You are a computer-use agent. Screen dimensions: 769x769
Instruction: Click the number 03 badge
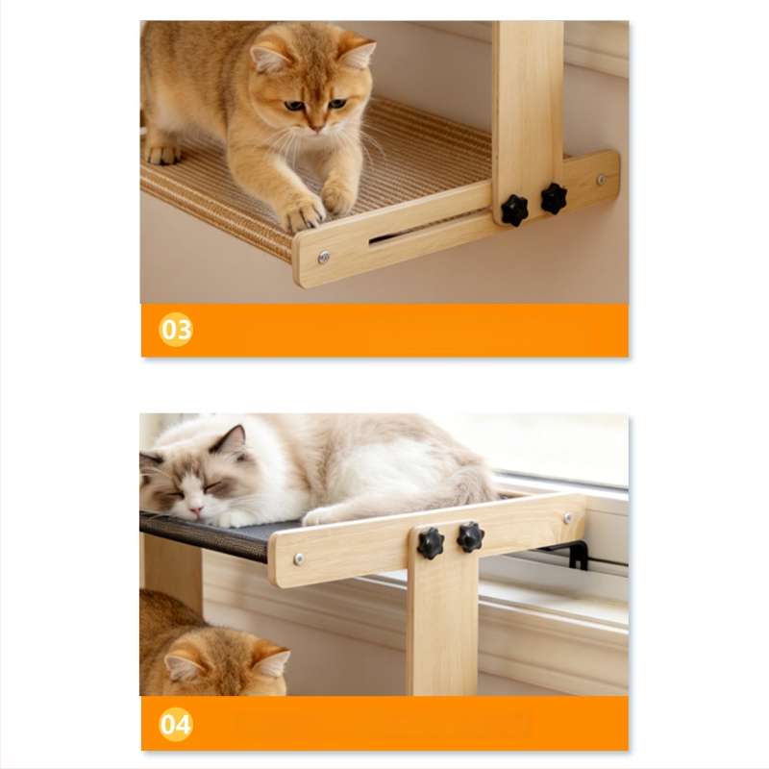click(176, 330)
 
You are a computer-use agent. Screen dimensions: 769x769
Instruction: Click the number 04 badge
click(176, 724)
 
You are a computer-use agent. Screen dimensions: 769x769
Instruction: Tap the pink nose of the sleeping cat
click(196, 511)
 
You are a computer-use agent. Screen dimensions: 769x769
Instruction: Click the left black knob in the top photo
click(514, 211)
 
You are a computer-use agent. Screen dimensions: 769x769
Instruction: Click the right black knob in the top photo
click(554, 199)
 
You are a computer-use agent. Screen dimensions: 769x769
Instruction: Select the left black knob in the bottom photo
click(431, 543)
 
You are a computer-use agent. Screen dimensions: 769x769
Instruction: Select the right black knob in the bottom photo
click(471, 537)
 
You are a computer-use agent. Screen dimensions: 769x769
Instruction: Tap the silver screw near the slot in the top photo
click(324, 257)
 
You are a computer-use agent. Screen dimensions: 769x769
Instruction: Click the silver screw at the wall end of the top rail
click(602, 180)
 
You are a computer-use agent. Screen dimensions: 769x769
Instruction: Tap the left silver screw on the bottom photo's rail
click(298, 558)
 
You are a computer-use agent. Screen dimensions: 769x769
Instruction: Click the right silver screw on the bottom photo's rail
click(568, 518)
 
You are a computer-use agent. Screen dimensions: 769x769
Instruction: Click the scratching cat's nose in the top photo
click(316, 129)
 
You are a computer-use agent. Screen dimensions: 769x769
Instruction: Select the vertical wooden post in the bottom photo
click(442, 613)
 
